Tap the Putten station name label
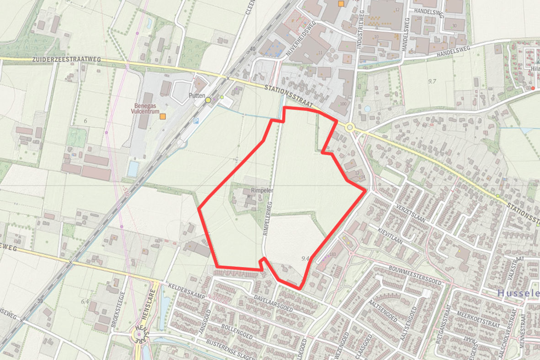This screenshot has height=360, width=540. pyautogui.click(x=196, y=96)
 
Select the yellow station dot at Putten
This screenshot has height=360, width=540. pyautogui.click(x=208, y=100)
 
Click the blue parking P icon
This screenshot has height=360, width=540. pyautogui.click(x=196, y=121)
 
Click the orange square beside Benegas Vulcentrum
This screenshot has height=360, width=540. pyautogui.click(x=162, y=117)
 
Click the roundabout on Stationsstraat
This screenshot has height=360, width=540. pyautogui.click(x=350, y=127)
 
